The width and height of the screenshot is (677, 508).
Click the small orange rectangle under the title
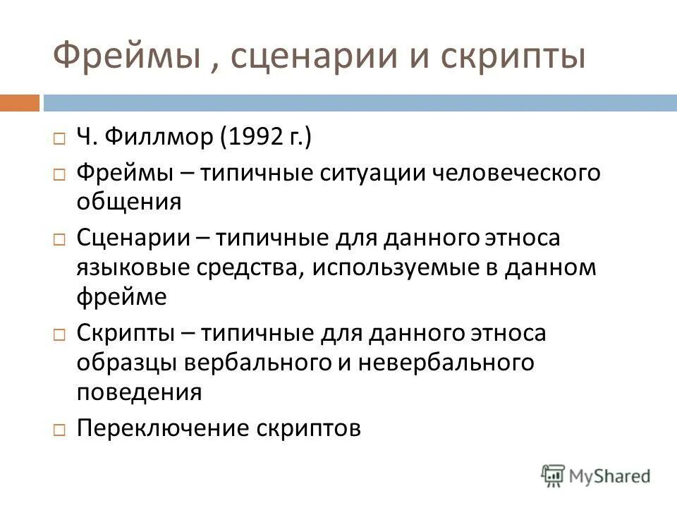point(19,103)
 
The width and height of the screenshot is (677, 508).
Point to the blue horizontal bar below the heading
point(360,103)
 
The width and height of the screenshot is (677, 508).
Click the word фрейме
point(121,298)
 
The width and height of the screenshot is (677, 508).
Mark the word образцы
point(126,362)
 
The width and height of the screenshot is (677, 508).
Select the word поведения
point(138,392)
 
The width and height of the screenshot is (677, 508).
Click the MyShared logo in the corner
point(597,476)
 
